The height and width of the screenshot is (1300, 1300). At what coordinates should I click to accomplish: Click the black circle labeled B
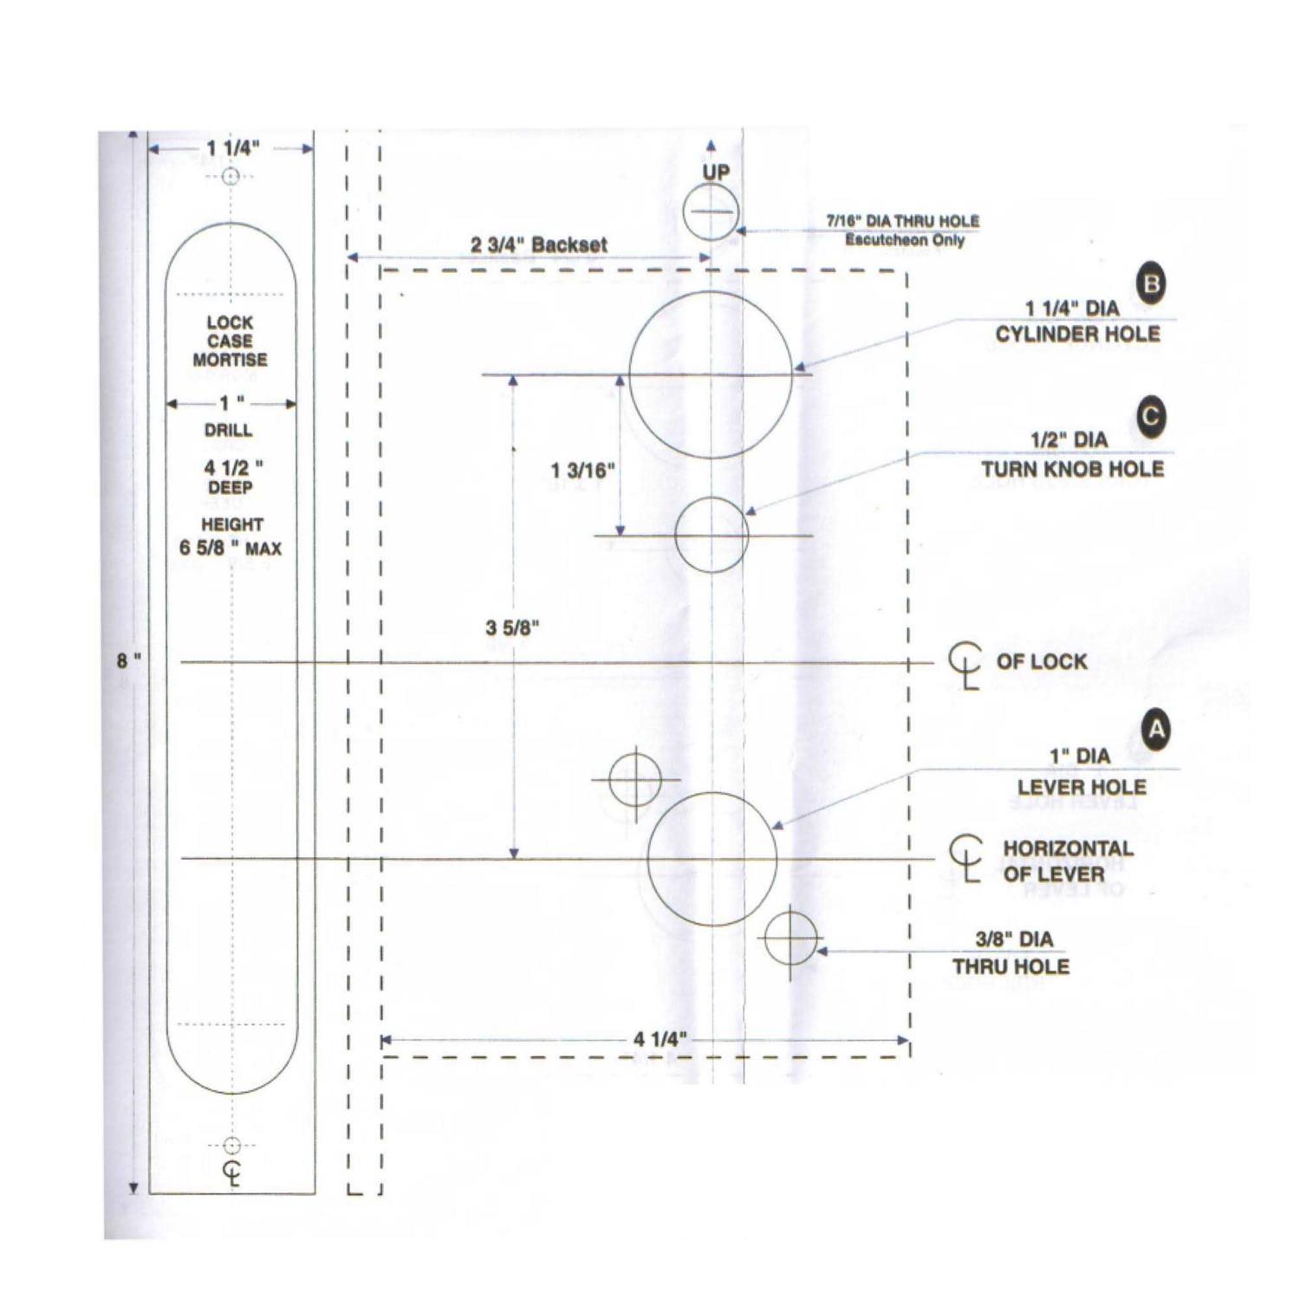click(1151, 283)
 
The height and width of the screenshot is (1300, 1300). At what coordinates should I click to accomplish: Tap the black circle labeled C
click(1150, 416)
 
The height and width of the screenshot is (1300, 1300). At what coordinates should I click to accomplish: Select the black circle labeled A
click(1156, 730)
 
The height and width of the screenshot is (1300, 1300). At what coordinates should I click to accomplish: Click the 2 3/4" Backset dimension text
click(538, 245)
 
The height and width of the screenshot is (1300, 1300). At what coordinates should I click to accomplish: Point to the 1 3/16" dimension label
click(582, 471)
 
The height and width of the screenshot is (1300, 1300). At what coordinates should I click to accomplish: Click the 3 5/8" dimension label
click(512, 627)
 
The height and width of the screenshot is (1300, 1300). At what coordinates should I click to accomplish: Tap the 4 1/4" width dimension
click(660, 1039)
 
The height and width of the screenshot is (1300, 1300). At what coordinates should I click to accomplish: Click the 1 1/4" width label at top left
click(232, 148)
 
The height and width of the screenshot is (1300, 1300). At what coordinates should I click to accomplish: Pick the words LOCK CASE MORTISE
click(230, 341)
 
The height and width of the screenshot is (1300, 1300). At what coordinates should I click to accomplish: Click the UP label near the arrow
click(715, 172)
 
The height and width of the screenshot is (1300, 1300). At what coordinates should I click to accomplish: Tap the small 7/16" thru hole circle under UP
click(710, 212)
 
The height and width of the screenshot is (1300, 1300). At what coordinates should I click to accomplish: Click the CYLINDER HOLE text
click(1076, 335)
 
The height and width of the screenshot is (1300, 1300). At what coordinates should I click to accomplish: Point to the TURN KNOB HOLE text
click(1072, 469)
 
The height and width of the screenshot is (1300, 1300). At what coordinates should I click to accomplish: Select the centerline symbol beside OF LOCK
click(965, 665)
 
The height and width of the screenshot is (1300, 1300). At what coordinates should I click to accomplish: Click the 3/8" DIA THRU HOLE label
click(1012, 952)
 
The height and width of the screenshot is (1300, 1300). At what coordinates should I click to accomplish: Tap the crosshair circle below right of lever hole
click(790, 938)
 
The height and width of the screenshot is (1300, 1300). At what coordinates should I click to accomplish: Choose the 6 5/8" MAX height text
click(231, 548)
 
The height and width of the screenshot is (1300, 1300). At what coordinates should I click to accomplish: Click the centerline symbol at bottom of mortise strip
click(231, 1172)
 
